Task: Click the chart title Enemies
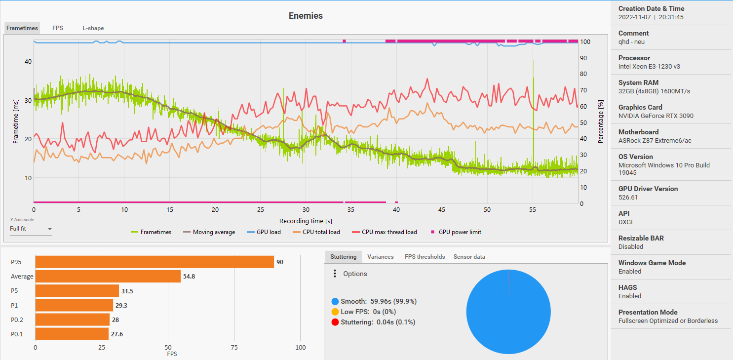(x=306, y=16)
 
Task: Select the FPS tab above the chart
(x=58, y=28)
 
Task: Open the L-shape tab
(x=93, y=28)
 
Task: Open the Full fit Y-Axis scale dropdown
(x=31, y=229)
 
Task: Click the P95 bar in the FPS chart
(x=154, y=262)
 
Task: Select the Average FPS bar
(x=108, y=277)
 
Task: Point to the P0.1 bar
(x=72, y=334)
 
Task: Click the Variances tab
(x=381, y=257)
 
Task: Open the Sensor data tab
(x=469, y=257)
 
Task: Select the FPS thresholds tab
(x=424, y=257)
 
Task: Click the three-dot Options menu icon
(x=335, y=274)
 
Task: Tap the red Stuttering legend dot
(x=335, y=322)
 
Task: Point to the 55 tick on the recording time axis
(x=533, y=210)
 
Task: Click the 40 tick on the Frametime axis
(x=28, y=62)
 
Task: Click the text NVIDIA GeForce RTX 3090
(x=656, y=116)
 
